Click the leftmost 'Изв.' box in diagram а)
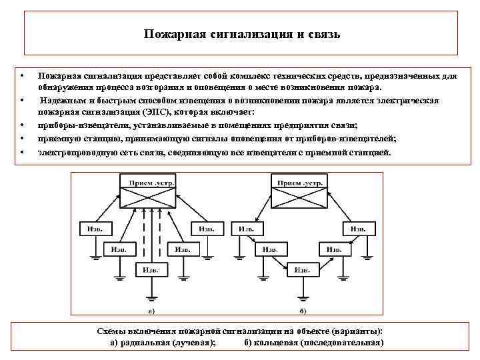click(x=94, y=228)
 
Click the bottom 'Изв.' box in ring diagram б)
click(x=301, y=269)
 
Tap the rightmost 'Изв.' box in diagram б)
click(x=354, y=228)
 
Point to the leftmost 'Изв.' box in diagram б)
click(x=246, y=228)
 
